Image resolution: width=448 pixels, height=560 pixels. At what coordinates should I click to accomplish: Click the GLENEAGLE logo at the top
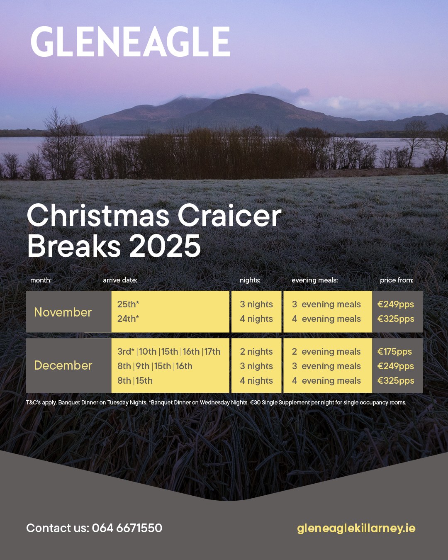click(130, 41)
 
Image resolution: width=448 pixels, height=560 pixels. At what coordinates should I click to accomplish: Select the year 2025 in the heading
click(165, 246)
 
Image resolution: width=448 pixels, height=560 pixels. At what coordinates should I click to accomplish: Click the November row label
click(63, 312)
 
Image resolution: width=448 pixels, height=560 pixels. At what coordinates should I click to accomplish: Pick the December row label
click(63, 365)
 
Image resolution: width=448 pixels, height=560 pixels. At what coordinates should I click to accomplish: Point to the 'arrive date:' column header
click(120, 280)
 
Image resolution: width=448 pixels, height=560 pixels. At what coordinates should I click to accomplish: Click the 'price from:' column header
click(397, 280)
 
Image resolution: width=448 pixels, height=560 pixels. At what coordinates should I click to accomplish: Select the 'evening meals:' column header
click(315, 280)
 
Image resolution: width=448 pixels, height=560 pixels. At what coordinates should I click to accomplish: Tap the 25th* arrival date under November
click(128, 304)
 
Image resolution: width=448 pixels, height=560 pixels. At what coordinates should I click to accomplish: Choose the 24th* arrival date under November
click(128, 319)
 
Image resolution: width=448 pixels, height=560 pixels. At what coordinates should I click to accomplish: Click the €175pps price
click(394, 352)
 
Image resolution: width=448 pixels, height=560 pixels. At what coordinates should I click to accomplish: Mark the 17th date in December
click(212, 352)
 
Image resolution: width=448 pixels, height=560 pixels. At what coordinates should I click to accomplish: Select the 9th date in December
click(143, 366)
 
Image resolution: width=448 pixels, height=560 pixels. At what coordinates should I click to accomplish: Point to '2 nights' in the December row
click(256, 352)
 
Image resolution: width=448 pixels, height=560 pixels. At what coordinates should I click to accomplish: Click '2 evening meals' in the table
click(326, 352)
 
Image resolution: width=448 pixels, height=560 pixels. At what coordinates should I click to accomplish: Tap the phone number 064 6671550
click(127, 528)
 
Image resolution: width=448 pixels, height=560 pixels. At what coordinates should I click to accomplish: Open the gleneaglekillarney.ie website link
click(356, 528)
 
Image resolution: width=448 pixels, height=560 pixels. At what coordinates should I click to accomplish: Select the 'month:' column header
click(41, 280)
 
